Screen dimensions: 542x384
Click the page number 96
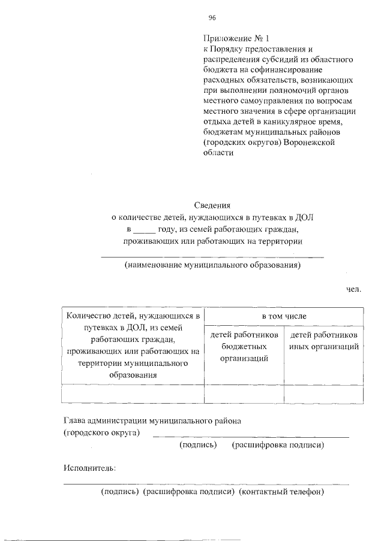coord(212,17)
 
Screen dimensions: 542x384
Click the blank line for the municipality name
coord(212,256)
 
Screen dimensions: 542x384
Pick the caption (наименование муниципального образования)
coord(212,265)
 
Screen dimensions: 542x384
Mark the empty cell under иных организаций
coord(323,395)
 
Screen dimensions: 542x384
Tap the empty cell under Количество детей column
coord(133,395)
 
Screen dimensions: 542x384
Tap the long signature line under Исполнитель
coord(206,483)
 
